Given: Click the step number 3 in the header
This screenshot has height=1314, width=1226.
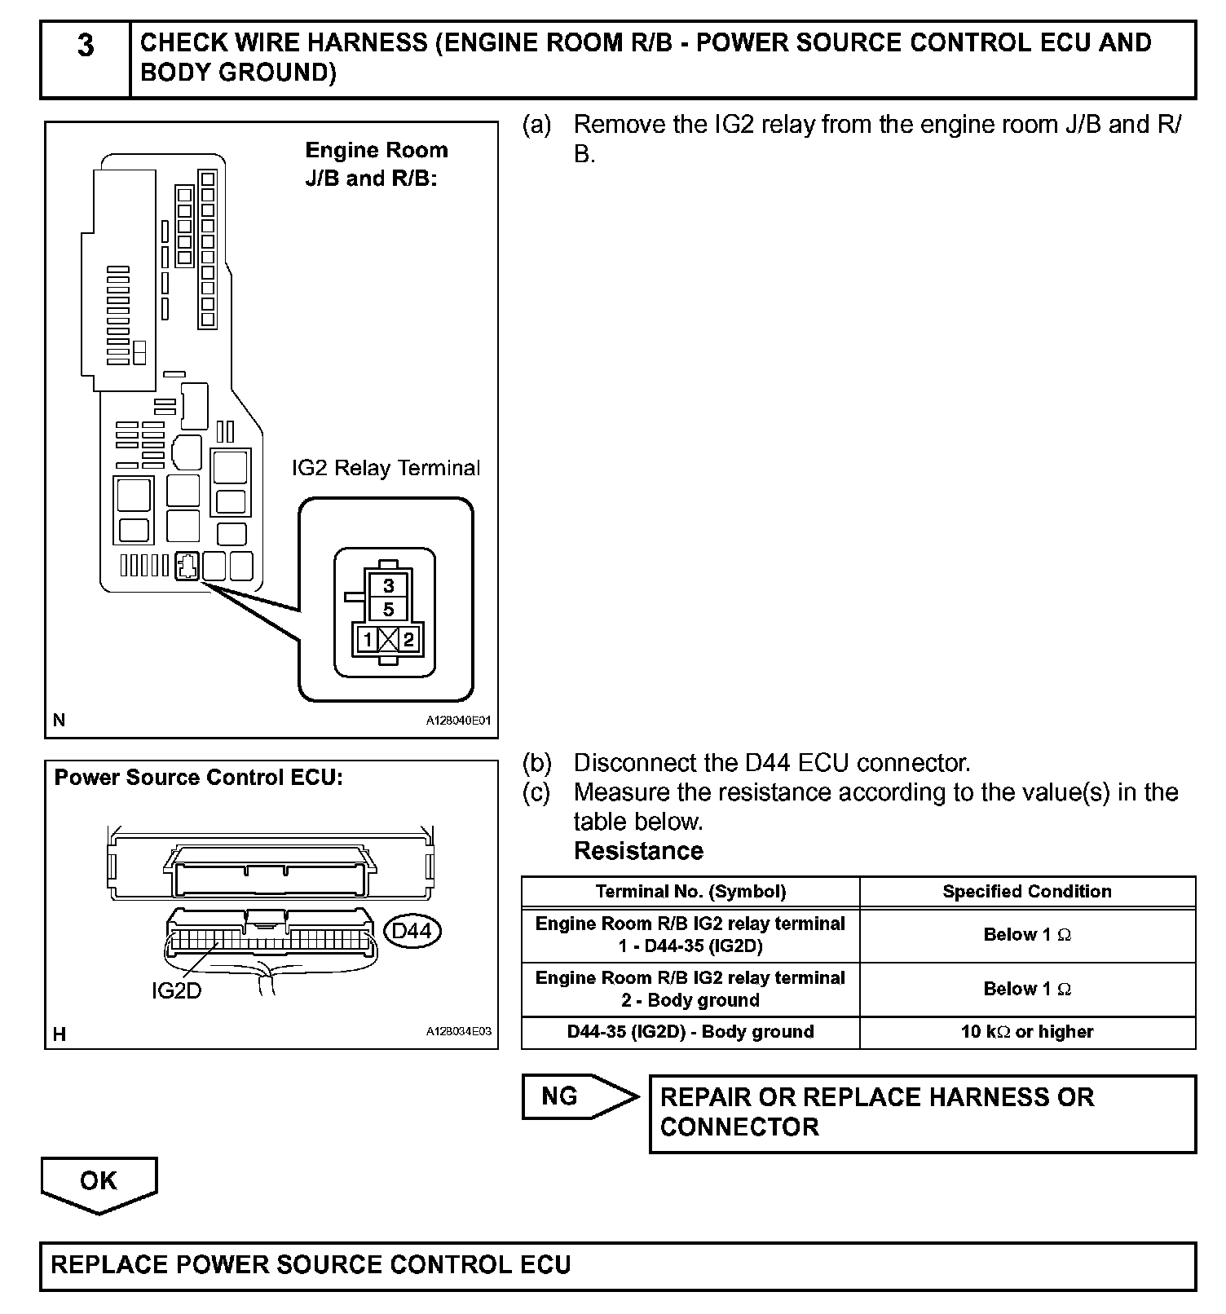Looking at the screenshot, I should [86, 46].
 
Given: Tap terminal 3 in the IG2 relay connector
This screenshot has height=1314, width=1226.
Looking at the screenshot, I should [389, 585].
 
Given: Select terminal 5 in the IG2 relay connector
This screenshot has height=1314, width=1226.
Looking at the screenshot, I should [389, 609].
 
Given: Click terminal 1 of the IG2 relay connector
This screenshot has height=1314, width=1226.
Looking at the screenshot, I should [368, 640].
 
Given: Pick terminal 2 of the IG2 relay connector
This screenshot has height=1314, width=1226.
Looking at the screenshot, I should [408, 640].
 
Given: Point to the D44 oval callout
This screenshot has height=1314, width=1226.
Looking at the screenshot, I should [412, 931].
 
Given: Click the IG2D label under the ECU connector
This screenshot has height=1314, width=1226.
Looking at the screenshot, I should [176, 991].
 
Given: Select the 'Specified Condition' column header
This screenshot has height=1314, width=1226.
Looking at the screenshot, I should [1027, 892].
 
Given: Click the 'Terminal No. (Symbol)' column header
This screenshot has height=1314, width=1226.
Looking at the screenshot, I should [690, 892].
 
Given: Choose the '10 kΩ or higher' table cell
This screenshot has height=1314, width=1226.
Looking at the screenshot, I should [1027, 1032].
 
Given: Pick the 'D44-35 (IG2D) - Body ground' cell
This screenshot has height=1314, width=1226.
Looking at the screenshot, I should [690, 1032].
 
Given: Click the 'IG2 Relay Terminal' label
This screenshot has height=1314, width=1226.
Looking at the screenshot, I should [386, 468].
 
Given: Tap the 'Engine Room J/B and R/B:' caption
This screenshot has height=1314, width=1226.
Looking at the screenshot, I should [376, 164].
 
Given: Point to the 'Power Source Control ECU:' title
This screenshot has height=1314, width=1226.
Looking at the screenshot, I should [199, 778].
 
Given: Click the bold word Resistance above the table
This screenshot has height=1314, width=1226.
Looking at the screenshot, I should [638, 851].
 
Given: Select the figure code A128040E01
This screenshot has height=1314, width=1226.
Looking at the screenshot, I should [458, 721].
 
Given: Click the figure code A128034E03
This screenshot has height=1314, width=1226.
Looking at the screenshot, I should [458, 1031].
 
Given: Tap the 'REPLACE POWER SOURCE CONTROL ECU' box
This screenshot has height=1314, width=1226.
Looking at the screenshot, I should [617, 1266].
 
